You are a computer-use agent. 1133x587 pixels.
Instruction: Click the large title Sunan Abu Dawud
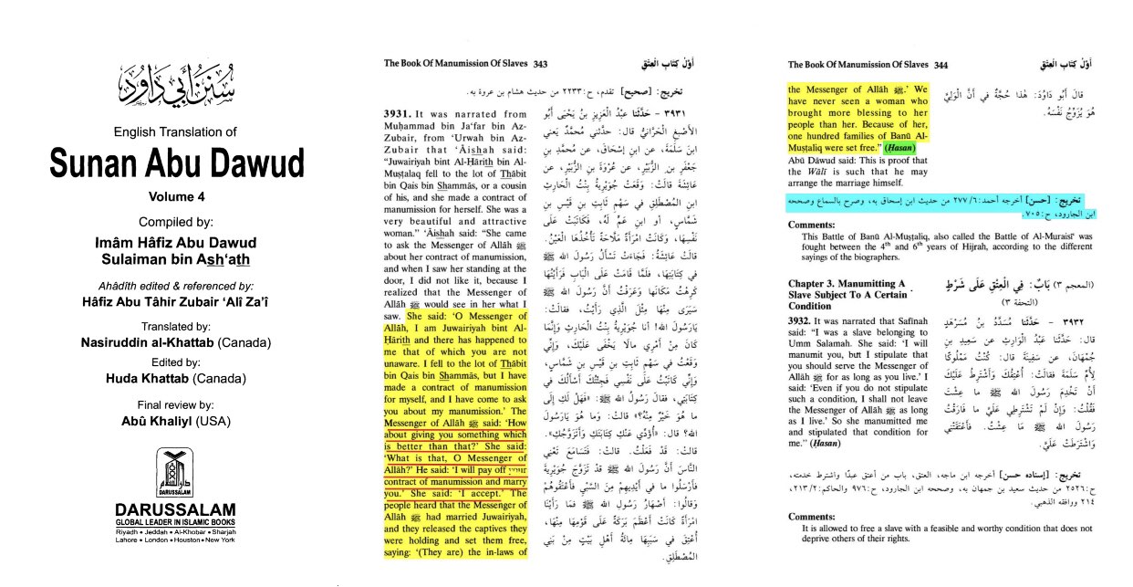coord(176,164)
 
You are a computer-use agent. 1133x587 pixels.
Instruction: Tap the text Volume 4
coord(176,196)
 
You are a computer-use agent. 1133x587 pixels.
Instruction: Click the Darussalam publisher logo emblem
coord(175,472)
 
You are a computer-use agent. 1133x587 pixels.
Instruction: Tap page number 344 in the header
coord(941,65)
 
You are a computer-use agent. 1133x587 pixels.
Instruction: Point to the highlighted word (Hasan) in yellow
coord(901,147)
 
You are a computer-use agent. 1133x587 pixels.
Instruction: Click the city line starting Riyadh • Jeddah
coord(175,531)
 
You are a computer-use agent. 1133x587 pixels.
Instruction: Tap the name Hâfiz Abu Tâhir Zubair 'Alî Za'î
coord(176,299)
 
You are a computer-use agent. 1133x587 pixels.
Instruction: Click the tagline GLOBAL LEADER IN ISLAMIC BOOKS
coord(175,522)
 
